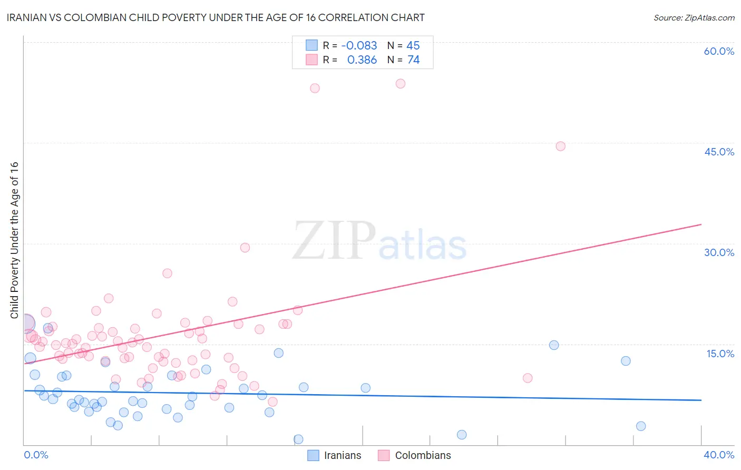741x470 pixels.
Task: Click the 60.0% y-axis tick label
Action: (719, 51)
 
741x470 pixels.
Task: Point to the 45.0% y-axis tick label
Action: (719, 152)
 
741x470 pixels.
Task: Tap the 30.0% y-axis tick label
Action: (719, 252)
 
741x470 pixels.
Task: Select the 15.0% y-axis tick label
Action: (720, 354)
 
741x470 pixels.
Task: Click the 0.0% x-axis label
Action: (36, 455)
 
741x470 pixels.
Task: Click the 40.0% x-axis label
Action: (719, 455)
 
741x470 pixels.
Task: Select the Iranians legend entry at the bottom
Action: (335, 455)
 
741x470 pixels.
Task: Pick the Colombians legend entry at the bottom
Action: (415, 455)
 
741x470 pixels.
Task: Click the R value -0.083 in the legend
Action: (359, 45)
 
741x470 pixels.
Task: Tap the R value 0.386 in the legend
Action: (362, 60)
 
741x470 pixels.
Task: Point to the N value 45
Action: (413, 45)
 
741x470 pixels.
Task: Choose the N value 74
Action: (413, 60)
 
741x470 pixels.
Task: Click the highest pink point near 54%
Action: (401, 83)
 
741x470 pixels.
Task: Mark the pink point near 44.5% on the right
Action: (561, 146)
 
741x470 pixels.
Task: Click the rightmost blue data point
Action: (641, 426)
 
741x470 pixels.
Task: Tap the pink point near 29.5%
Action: (245, 248)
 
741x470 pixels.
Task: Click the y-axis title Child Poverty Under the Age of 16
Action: (14, 240)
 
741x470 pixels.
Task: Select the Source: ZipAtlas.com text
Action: (694, 17)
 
